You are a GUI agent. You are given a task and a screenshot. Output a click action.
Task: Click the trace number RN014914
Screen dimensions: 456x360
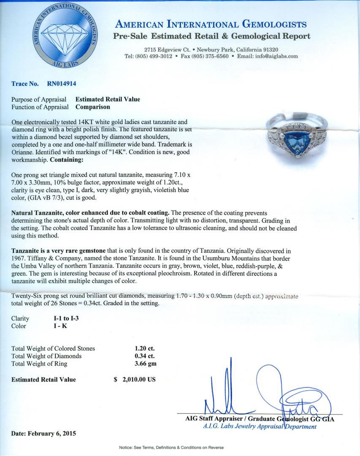pos(62,84)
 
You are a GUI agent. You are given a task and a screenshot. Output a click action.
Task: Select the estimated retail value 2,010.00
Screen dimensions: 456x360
pos(139,379)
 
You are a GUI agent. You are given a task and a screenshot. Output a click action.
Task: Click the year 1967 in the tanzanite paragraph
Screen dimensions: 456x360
pos(19,258)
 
